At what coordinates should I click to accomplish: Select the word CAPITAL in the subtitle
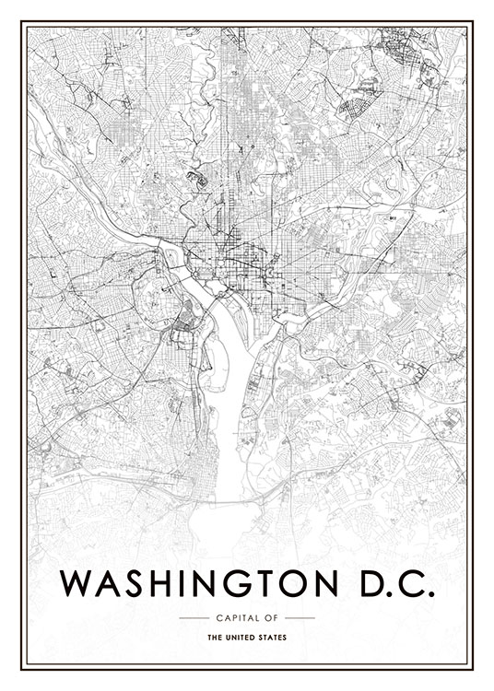234,617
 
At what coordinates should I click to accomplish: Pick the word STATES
272,638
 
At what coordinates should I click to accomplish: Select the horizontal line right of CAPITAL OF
300,617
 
